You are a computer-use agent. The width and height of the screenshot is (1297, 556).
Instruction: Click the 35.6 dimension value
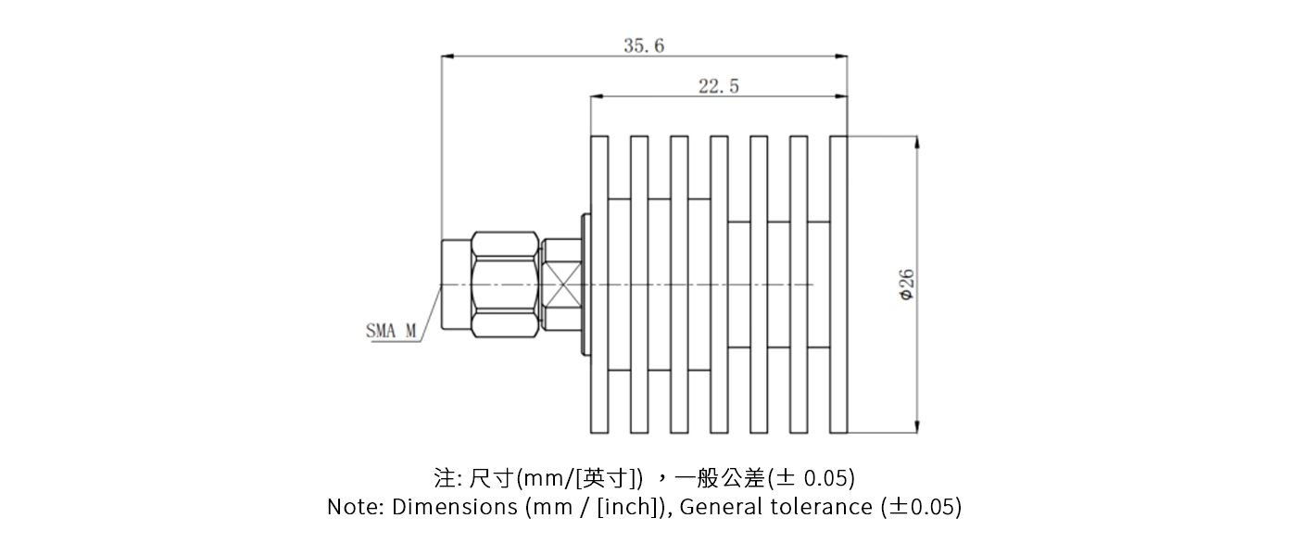pyautogui.click(x=643, y=45)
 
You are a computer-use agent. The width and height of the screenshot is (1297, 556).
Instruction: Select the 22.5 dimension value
pyautogui.click(x=718, y=86)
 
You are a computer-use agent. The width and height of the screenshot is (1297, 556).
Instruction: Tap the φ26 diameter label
pyautogui.click(x=907, y=284)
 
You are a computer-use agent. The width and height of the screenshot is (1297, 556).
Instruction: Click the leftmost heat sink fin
pyautogui.click(x=599, y=284)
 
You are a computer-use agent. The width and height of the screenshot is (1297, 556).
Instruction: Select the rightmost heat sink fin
pyautogui.click(x=838, y=284)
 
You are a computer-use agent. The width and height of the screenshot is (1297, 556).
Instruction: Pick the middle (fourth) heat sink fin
pyautogui.click(x=719, y=284)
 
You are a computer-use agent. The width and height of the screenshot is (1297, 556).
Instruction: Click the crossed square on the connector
pyautogui.click(x=562, y=284)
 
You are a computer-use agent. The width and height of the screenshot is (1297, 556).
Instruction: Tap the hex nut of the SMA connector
pyautogui.click(x=505, y=284)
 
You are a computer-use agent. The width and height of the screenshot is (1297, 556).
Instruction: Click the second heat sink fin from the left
pyautogui.click(x=639, y=284)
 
